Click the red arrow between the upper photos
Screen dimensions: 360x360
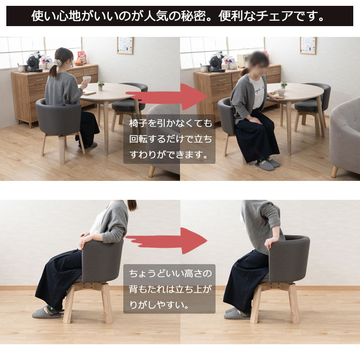[x=166, y=97]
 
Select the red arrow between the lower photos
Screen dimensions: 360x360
[x=166, y=241]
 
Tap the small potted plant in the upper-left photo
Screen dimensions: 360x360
[x=100, y=85]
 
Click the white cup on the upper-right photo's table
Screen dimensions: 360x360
[x=280, y=92]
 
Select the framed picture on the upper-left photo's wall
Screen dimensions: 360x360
[x=125, y=45]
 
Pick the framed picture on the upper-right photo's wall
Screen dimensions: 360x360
[x=308, y=45]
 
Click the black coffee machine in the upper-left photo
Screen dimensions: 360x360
[x=34, y=62]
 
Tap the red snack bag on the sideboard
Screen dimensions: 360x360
[x=82, y=58]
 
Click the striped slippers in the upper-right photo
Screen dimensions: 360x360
[x=268, y=164]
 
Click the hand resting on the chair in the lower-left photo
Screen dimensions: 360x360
[x=85, y=240]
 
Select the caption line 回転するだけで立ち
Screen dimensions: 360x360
[x=171, y=139]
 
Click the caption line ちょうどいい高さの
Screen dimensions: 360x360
[x=170, y=274]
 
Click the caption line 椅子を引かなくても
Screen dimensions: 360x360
[x=171, y=123]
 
